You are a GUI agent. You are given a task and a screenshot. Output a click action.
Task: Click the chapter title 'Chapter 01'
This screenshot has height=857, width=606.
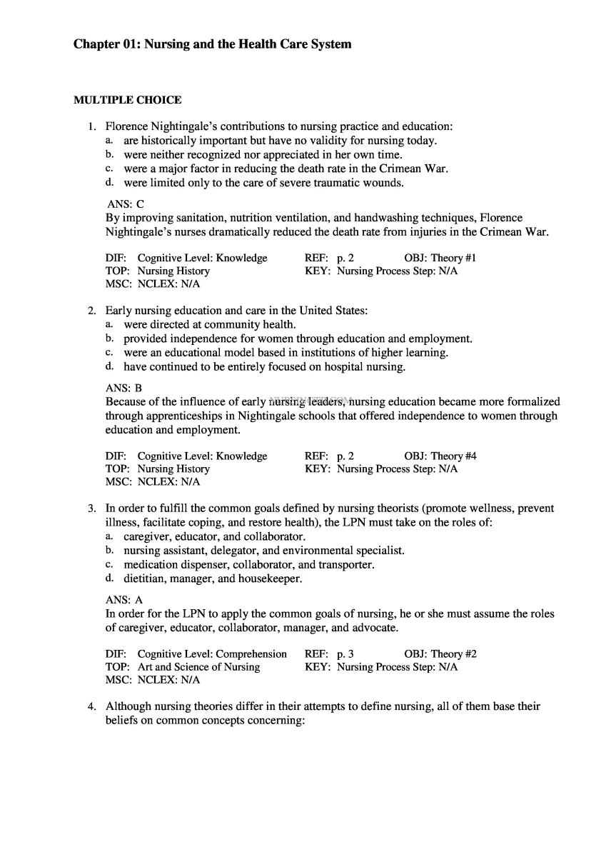(x=212, y=44)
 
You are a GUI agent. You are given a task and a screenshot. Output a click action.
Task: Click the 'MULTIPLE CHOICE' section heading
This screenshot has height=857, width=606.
(x=127, y=100)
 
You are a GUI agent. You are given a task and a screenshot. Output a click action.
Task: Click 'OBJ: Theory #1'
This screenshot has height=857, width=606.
(x=440, y=258)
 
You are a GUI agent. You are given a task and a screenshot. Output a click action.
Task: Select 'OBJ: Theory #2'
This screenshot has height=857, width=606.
(x=440, y=653)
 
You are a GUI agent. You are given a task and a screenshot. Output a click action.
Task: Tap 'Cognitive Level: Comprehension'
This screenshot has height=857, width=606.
(x=212, y=653)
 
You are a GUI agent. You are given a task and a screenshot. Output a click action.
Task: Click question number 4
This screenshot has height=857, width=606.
(x=92, y=706)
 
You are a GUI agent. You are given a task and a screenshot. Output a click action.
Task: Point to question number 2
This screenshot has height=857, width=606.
(x=92, y=311)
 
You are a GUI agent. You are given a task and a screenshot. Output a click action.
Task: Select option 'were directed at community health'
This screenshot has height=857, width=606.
(x=210, y=324)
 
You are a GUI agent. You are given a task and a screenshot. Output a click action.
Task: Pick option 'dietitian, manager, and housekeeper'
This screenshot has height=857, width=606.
(x=213, y=578)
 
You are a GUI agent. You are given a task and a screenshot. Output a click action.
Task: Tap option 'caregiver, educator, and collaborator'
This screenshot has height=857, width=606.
(x=215, y=536)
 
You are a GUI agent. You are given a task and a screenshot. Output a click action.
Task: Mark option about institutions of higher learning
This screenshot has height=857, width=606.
(x=286, y=353)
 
